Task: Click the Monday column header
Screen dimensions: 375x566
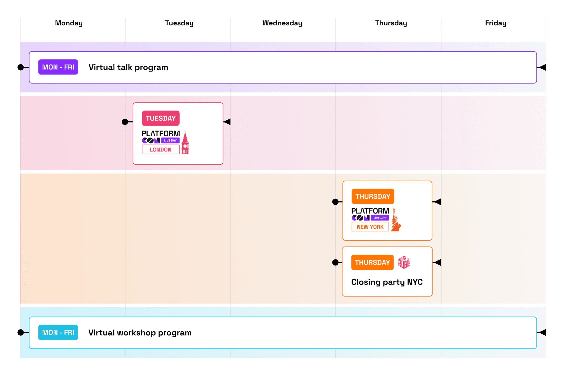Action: [69, 23]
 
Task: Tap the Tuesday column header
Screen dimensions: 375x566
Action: [179, 23]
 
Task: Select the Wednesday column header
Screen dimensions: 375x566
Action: [282, 23]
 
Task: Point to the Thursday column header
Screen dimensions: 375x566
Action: [391, 23]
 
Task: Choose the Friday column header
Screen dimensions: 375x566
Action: [496, 23]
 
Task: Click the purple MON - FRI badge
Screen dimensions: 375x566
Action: [58, 67]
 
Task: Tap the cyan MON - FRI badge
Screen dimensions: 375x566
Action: [58, 333]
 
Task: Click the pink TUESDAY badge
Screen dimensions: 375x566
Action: [161, 118]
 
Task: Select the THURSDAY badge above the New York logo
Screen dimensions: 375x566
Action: [373, 196]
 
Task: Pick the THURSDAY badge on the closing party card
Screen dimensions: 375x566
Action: [372, 262]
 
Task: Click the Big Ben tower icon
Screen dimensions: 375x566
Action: [185, 143]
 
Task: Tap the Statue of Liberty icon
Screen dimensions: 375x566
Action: [396, 220]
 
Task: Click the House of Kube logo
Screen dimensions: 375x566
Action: [404, 262]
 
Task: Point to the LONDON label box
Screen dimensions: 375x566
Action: [161, 150]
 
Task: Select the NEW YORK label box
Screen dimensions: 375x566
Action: [370, 227]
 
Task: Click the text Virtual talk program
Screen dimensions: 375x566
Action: [128, 67]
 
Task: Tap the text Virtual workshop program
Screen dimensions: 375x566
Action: [140, 333]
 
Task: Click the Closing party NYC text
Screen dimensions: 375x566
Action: [387, 282]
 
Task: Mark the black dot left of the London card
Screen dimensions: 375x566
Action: [125, 122]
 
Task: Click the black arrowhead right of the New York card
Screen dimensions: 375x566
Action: [437, 202]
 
